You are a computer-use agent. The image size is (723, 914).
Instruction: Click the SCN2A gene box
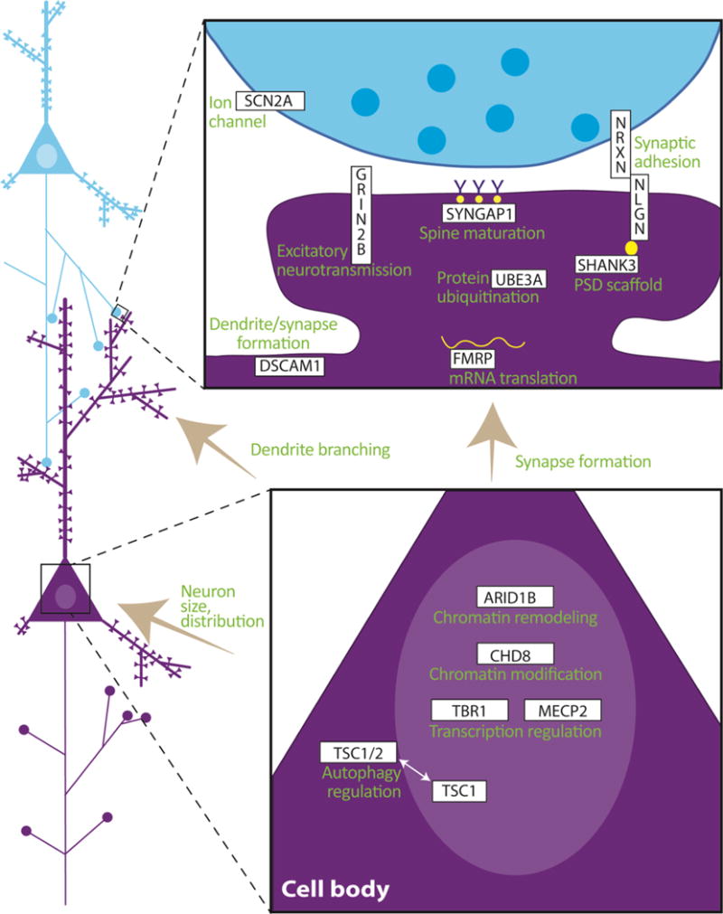click(268, 102)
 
